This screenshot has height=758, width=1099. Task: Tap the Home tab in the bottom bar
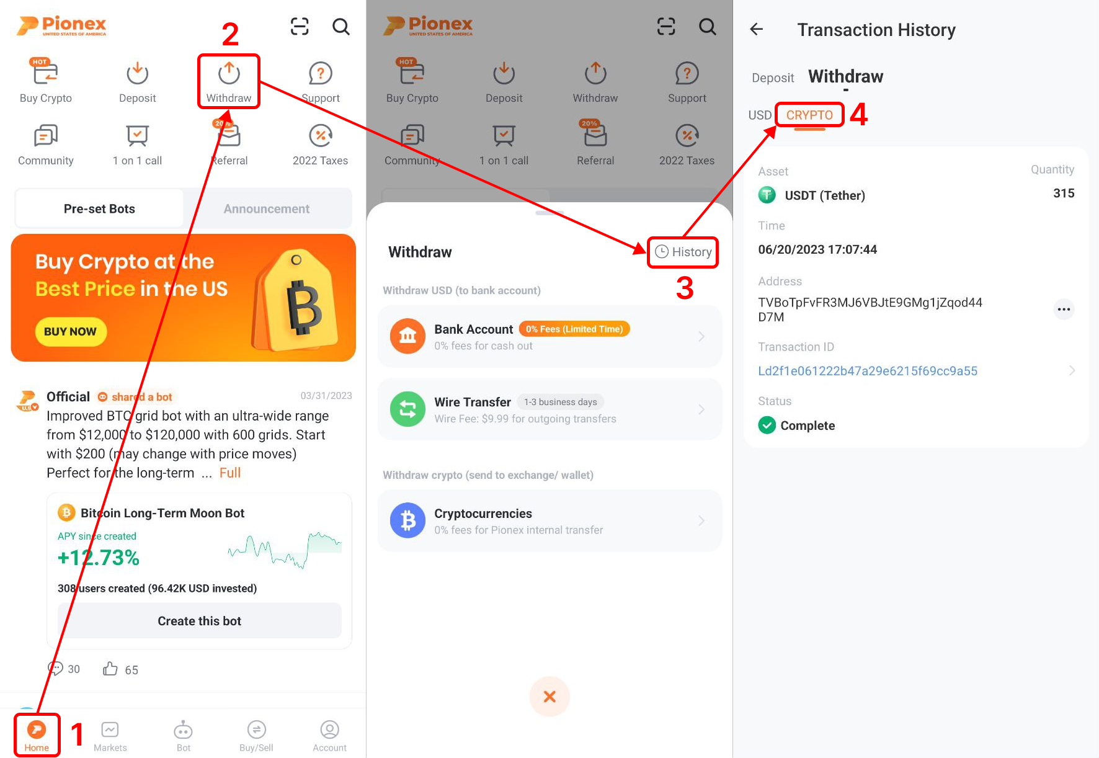(x=37, y=735)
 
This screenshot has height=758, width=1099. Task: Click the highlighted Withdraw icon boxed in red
(x=229, y=81)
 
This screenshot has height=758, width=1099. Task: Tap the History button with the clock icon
(x=683, y=252)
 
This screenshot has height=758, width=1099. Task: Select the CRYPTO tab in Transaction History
(x=809, y=115)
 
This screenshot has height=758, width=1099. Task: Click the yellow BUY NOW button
(x=71, y=331)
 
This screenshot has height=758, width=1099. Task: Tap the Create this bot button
(x=199, y=621)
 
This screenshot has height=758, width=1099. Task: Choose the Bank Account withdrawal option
(x=549, y=337)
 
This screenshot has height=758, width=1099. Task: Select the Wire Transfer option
(x=549, y=409)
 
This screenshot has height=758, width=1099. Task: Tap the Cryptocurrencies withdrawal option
(x=549, y=521)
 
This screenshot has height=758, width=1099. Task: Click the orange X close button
(x=549, y=697)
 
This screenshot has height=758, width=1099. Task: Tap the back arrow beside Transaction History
(x=756, y=29)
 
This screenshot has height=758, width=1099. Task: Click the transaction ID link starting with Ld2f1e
(x=867, y=371)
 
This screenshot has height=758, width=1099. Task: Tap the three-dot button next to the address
(x=1064, y=309)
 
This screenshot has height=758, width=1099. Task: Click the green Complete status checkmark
(x=767, y=426)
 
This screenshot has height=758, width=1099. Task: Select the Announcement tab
(x=267, y=209)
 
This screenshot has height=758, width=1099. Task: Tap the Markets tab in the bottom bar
(x=110, y=736)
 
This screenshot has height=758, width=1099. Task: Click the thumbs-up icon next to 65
(x=110, y=669)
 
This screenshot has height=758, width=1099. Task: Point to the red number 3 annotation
(x=685, y=288)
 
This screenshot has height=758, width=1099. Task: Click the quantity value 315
(x=1063, y=193)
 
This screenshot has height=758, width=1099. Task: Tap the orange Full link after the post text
(x=230, y=473)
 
